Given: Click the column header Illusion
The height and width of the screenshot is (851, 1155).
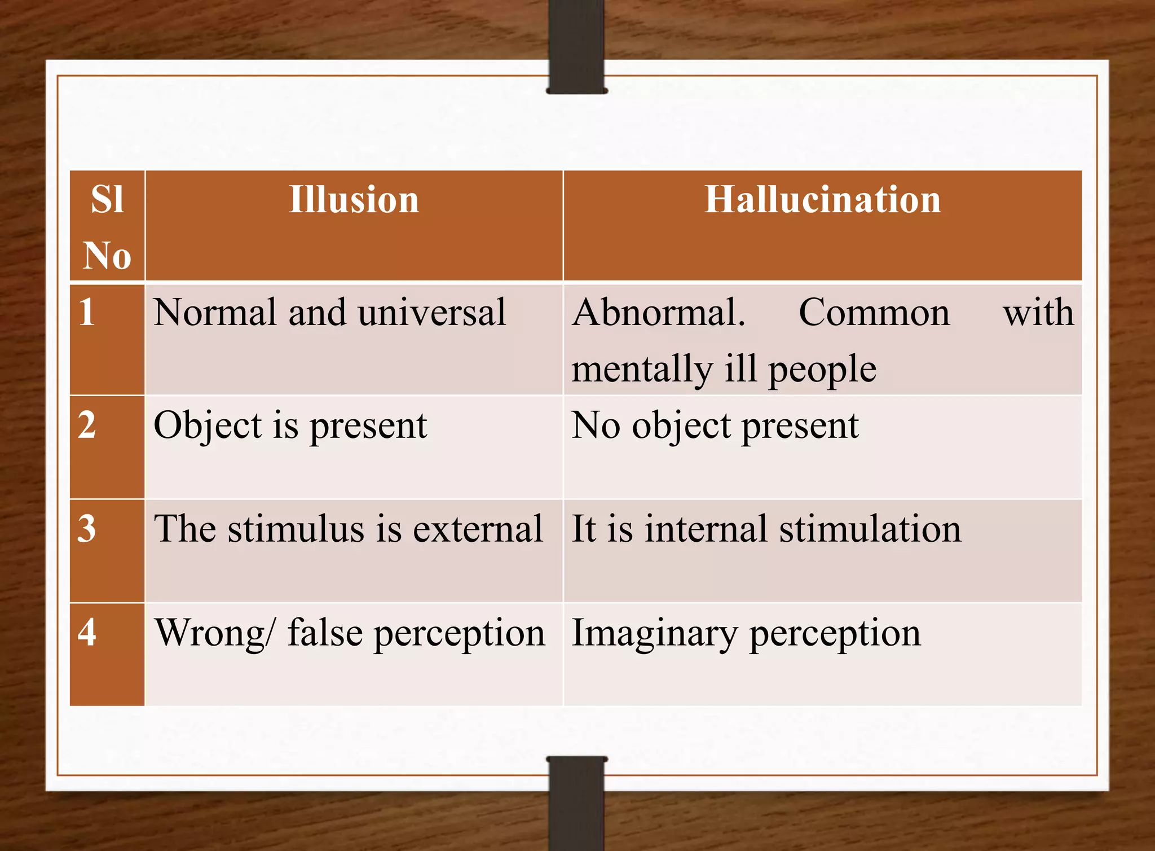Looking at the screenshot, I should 354,200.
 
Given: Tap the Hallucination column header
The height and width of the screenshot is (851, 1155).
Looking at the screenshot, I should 822,200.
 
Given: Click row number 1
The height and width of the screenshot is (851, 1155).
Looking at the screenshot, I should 87,312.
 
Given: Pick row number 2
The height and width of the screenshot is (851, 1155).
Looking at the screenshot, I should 87,425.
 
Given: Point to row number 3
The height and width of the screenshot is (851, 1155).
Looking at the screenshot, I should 87,529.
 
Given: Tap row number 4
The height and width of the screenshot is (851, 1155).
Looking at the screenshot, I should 87,633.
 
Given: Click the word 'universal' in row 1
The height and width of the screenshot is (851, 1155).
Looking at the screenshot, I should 431,313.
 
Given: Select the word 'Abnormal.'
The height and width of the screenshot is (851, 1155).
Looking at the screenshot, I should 658,313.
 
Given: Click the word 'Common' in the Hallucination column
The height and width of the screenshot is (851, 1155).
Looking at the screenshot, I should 874,313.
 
